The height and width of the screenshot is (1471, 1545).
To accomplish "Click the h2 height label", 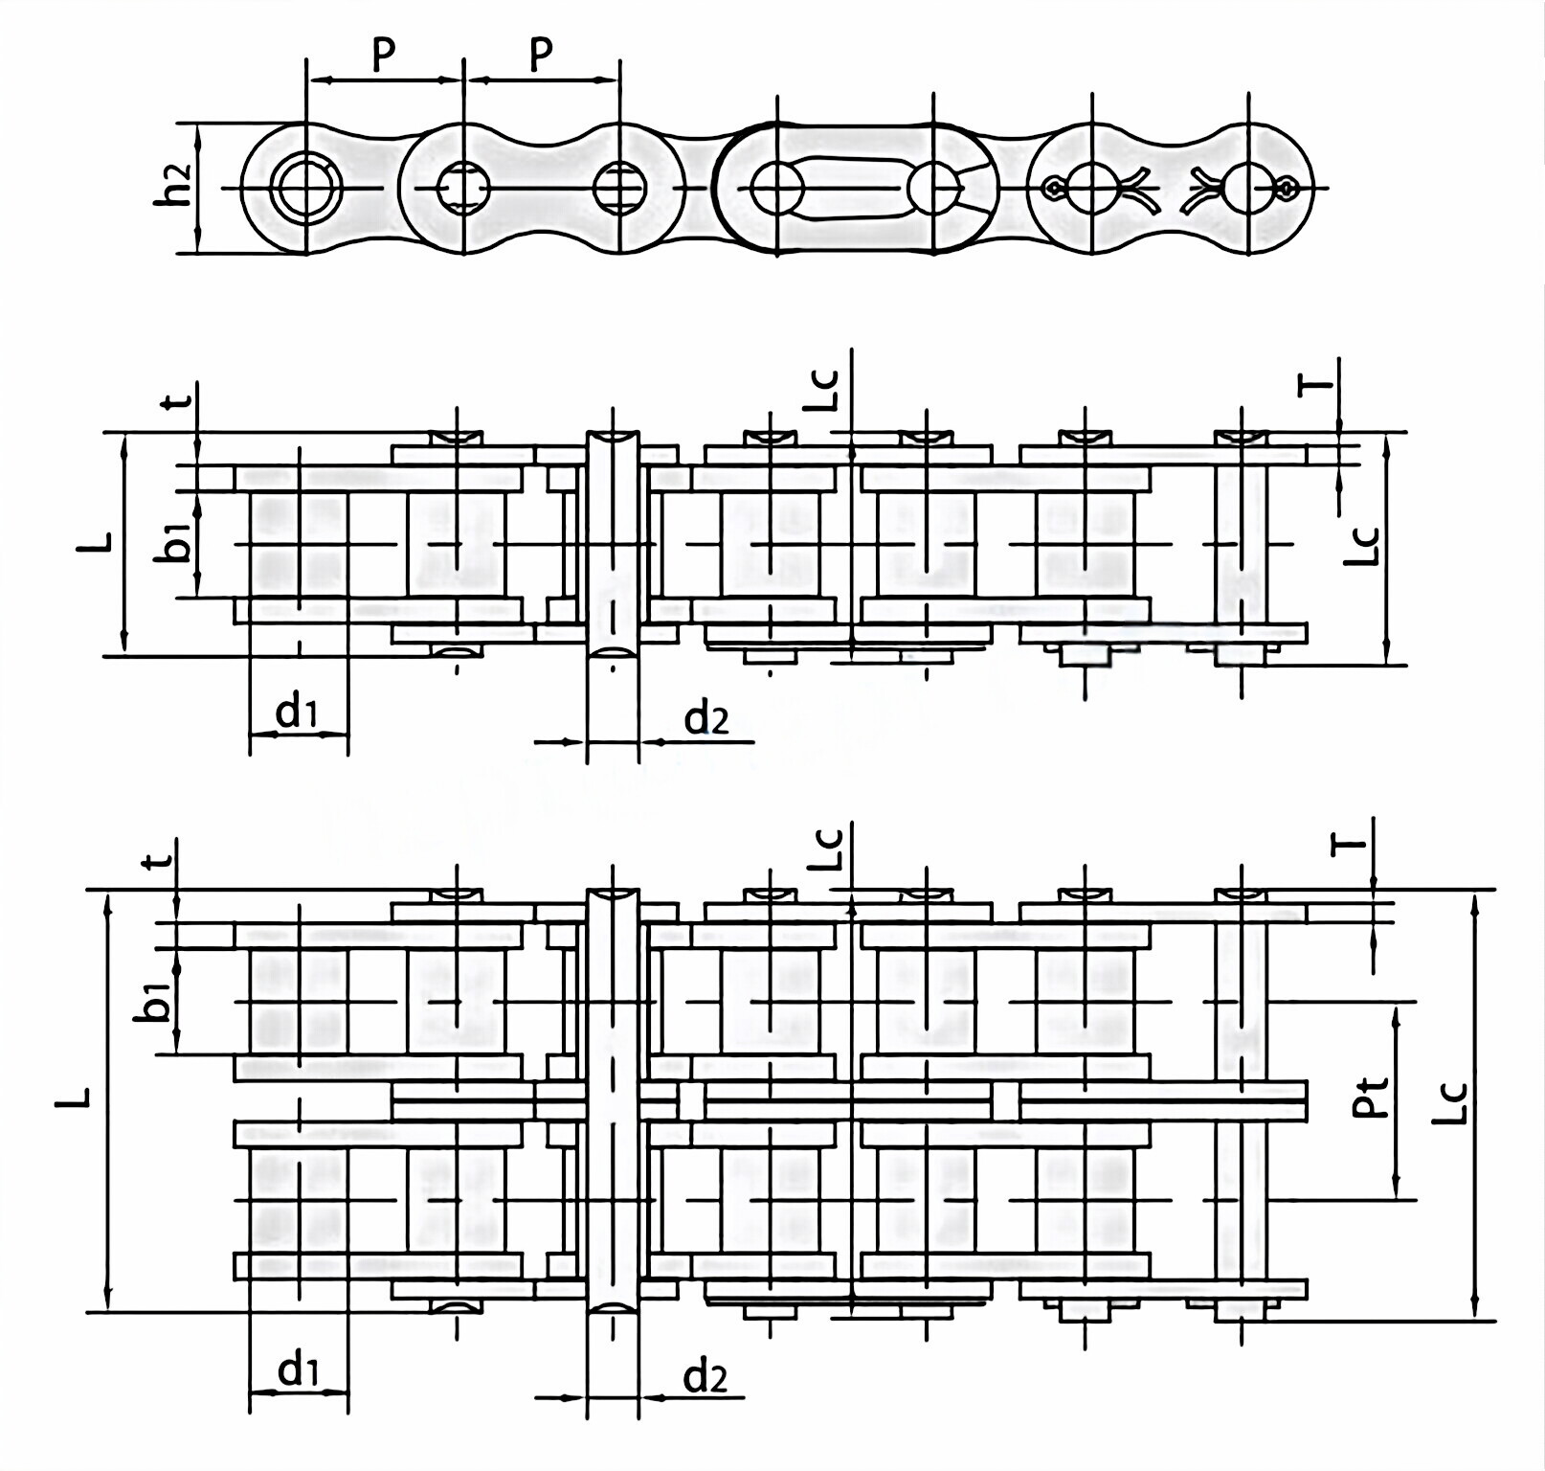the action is pos(176,188).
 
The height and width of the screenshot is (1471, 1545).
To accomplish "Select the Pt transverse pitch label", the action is pos(1371,1098).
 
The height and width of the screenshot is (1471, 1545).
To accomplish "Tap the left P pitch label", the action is pos(383,55).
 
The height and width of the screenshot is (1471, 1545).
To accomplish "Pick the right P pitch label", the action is pos(541,55).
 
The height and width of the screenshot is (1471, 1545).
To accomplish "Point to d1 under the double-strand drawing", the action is pos(297,1370).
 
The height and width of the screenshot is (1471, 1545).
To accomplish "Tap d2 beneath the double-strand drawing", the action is pos(705,1377).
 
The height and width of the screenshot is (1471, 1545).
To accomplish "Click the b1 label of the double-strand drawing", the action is pos(158,1002).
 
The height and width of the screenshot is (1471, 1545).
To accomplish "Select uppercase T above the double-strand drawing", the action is pos(1348,844).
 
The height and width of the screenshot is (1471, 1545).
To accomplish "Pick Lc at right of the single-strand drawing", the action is pos(1363,545).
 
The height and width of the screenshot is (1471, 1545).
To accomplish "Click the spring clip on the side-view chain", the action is pos(857,188).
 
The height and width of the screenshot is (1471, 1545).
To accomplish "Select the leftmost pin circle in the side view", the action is pos(303,188).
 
